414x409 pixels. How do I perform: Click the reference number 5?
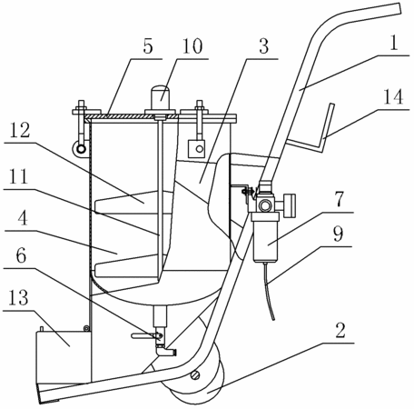(148, 46)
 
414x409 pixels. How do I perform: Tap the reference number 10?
(192, 46)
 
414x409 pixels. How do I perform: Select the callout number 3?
(263, 46)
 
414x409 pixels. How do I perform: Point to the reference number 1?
(394, 44)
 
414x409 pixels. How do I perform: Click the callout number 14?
(393, 97)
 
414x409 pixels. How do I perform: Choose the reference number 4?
(23, 218)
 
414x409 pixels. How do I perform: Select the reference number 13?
(19, 298)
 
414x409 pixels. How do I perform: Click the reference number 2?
(340, 330)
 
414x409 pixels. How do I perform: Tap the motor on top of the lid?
(161, 98)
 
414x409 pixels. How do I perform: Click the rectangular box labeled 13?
(64, 356)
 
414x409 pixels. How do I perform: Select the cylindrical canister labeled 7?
(266, 237)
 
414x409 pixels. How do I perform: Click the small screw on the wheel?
(195, 375)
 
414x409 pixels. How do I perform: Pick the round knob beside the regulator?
(290, 206)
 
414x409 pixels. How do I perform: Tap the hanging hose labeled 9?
(268, 291)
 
